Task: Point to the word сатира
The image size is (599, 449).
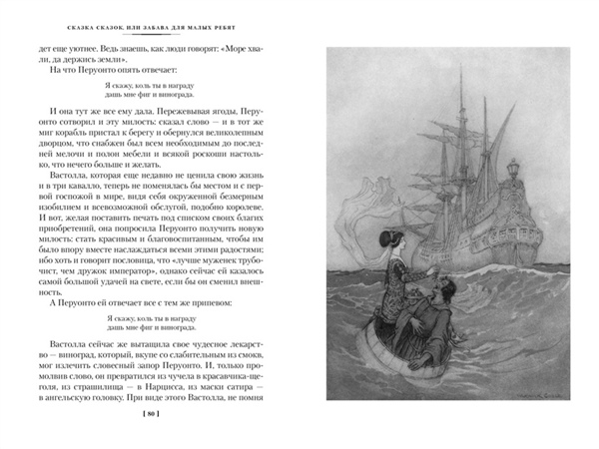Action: (x=239, y=385)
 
